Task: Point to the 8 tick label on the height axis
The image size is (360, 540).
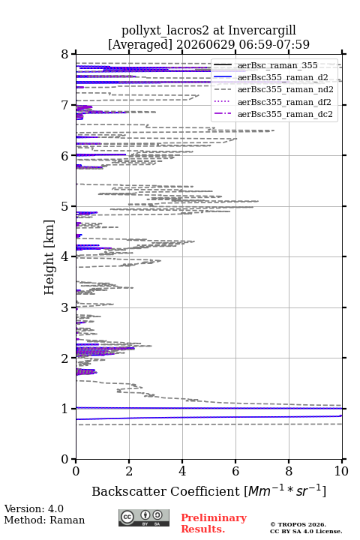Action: click(x=64, y=55)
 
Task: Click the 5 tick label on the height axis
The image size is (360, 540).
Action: click(x=64, y=207)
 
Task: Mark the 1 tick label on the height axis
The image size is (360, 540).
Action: click(x=64, y=409)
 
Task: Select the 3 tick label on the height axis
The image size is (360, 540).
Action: click(x=64, y=307)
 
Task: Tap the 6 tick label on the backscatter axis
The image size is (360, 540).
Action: click(x=235, y=471)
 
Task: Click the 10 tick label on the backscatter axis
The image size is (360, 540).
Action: click(x=341, y=471)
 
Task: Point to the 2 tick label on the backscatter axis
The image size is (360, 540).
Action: click(x=129, y=471)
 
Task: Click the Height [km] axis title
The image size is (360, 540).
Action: click(x=49, y=257)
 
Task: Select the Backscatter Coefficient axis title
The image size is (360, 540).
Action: click(x=208, y=491)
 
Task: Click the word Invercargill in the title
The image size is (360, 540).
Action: click(x=262, y=31)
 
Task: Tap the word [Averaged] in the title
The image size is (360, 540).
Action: click(x=140, y=45)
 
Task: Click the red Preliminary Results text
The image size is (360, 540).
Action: click(x=214, y=523)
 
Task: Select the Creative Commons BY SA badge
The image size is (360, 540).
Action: click(x=144, y=518)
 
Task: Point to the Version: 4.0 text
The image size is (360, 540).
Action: click(x=34, y=509)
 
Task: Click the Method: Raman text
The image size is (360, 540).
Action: click(x=44, y=520)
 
